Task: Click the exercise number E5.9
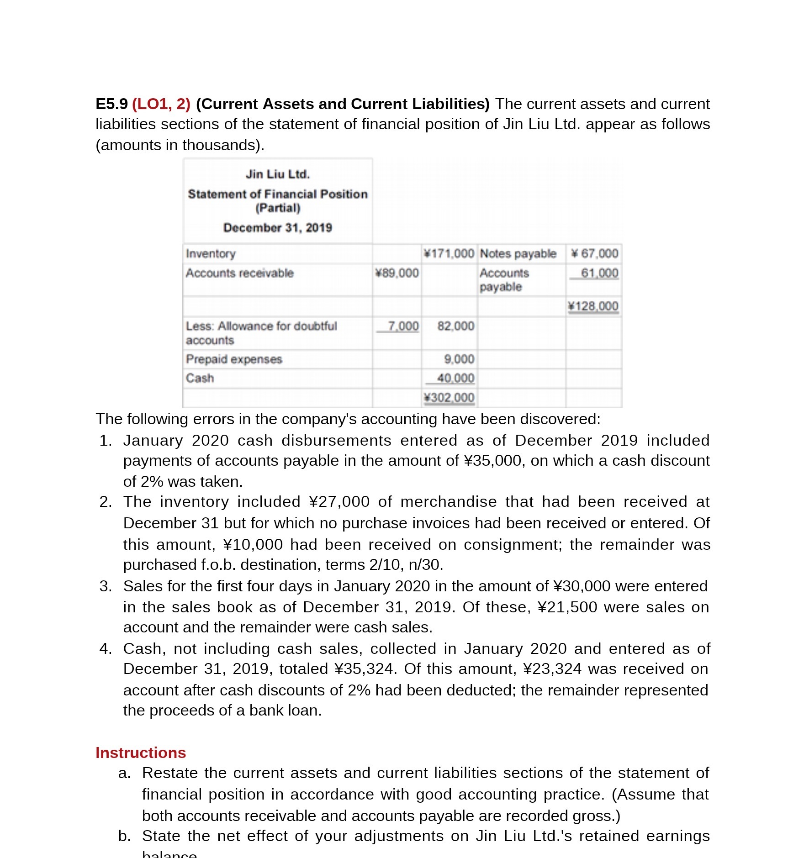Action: [x=111, y=104]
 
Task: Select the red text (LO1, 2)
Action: [x=161, y=104]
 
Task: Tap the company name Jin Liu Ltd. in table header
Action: [x=278, y=174]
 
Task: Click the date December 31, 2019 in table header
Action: [x=278, y=228]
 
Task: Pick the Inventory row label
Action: [x=211, y=254]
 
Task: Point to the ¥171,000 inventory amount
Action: [x=449, y=253]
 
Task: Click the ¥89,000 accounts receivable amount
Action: [x=397, y=273]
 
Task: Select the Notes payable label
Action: [x=518, y=253]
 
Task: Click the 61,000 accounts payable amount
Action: [x=599, y=273]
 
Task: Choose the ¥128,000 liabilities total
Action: [x=593, y=306]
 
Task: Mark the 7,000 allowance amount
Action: [x=402, y=326]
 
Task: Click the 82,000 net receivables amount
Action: [x=455, y=326]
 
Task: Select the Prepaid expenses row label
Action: [x=234, y=359]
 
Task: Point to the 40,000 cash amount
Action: [x=455, y=378]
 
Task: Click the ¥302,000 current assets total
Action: [x=449, y=398]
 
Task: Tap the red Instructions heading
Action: [x=141, y=753]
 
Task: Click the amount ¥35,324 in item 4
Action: [x=364, y=669]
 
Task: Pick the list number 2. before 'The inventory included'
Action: [x=106, y=502]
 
